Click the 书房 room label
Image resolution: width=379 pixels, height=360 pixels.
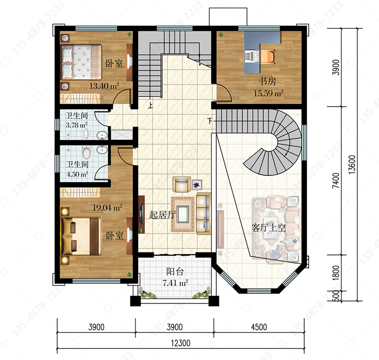[267, 81]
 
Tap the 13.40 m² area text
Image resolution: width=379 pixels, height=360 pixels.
[104, 86]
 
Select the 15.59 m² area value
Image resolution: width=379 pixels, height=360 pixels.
[268, 93]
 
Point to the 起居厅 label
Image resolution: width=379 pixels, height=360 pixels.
[162, 215]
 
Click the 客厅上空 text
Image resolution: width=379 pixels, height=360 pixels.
[269, 228]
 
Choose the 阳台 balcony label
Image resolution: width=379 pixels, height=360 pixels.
[175, 272]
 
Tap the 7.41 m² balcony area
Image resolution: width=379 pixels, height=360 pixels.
[175, 282]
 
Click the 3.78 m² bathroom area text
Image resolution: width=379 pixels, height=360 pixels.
[77, 125]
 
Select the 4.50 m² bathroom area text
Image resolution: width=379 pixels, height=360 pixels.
[77, 174]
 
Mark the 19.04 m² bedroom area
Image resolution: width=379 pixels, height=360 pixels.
[108, 208]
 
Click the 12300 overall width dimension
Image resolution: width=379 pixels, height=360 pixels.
[180, 343]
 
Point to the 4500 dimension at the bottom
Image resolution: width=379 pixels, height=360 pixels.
[259, 327]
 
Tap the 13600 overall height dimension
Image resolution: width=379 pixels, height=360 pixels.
[352, 165]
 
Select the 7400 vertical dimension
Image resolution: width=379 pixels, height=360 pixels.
[336, 181]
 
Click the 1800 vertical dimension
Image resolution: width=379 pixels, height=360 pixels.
[336, 273]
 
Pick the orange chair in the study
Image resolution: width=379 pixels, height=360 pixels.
[267, 57]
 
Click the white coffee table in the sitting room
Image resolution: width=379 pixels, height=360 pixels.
[183, 214]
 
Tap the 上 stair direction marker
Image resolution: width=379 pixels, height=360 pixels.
[151, 105]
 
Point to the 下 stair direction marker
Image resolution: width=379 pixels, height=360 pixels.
[210, 121]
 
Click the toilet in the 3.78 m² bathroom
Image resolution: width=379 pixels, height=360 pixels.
[86, 134]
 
